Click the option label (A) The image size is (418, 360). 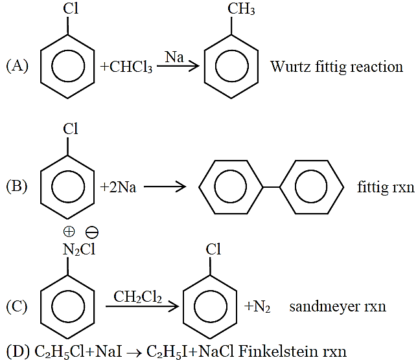(x=17, y=66)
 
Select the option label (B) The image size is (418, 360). (x=17, y=186)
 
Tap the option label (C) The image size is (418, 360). (x=17, y=306)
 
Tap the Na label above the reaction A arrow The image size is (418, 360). (x=174, y=57)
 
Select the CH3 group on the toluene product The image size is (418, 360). (x=241, y=8)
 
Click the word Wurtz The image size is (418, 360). (x=290, y=67)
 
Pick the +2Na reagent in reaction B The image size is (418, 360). (x=118, y=187)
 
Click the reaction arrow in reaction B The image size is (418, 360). (x=165, y=186)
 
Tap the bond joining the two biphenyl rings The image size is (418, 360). (x=271, y=187)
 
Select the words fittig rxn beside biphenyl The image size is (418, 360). (x=386, y=187)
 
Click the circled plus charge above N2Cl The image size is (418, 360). (x=69, y=231)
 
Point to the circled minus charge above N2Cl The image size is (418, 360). (x=92, y=232)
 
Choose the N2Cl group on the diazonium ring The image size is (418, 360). (x=79, y=250)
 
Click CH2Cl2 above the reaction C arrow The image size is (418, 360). (x=137, y=297)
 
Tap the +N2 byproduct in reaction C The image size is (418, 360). (x=257, y=307)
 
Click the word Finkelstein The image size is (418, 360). (x=278, y=351)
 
